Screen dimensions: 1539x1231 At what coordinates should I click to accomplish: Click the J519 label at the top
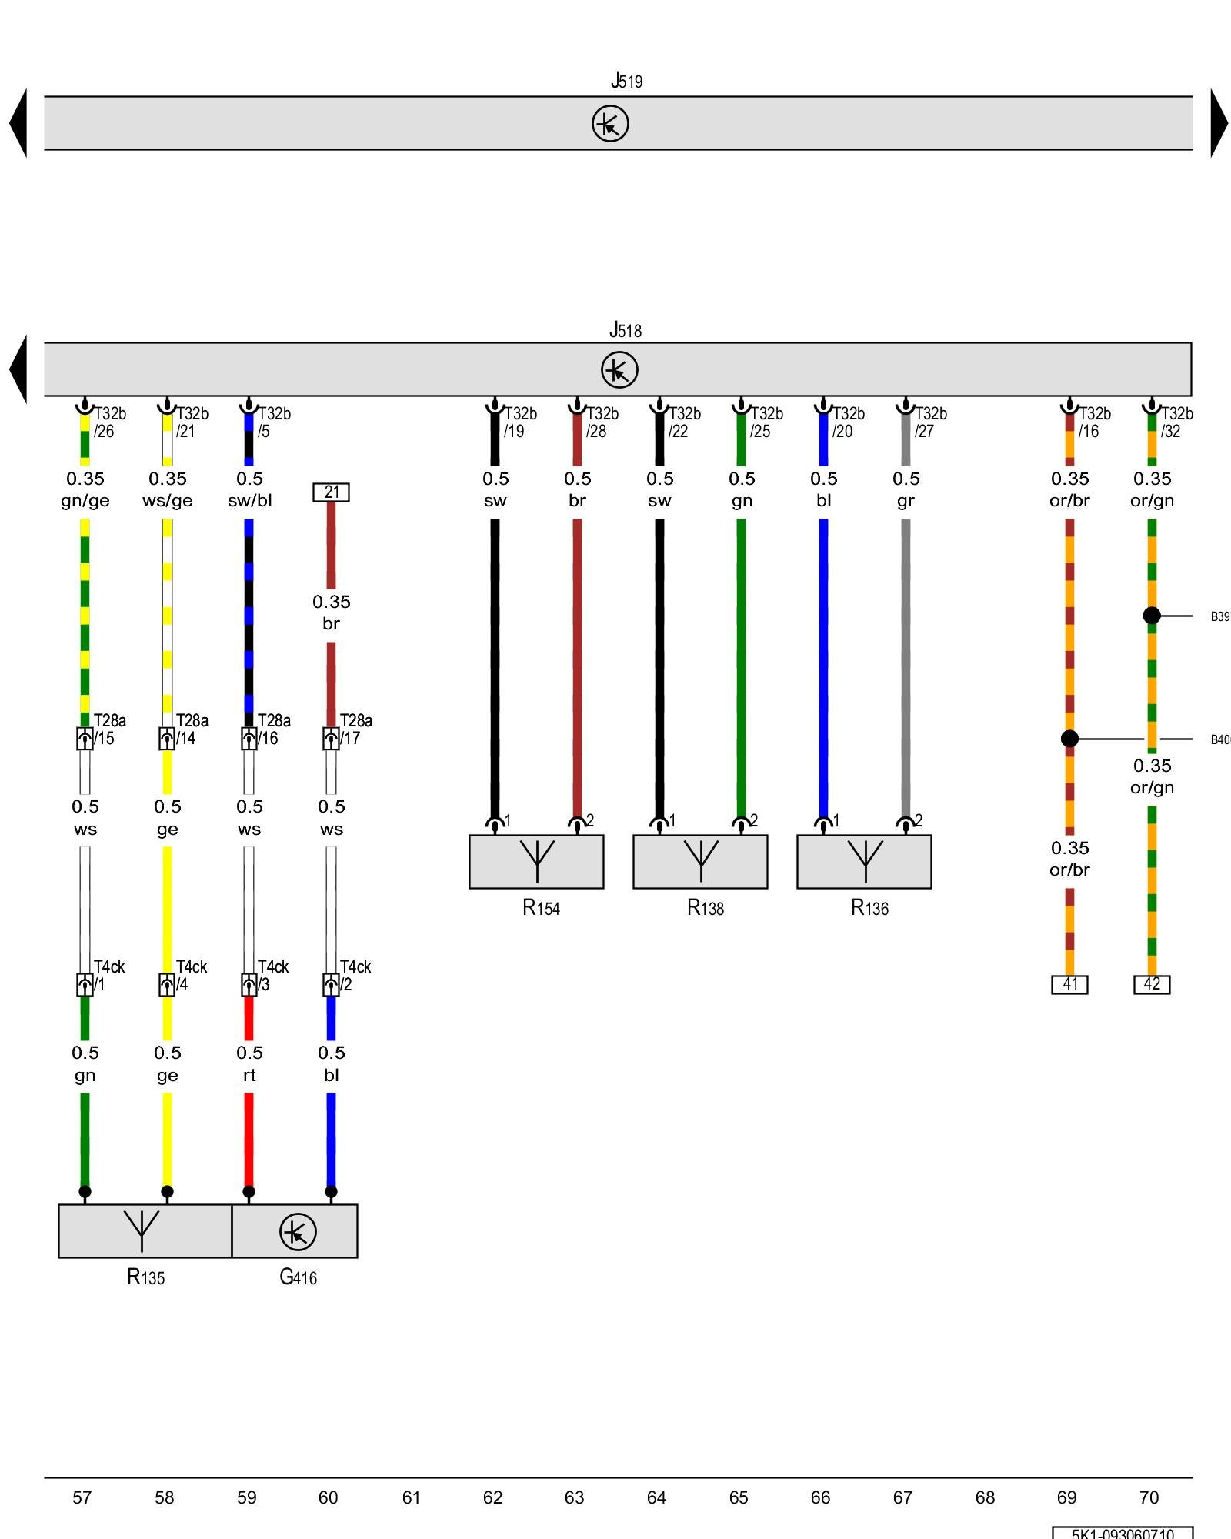(x=626, y=81)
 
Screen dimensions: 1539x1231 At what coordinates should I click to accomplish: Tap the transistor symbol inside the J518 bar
(x=619, y=369)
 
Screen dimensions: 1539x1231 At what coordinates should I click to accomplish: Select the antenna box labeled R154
(x=536, y=862)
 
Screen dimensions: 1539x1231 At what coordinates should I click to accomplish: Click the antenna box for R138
(x=700, y=862)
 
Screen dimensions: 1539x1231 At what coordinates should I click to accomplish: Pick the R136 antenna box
(x=864, y=862)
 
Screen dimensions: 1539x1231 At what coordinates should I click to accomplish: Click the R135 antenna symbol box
(x=145, y=1231)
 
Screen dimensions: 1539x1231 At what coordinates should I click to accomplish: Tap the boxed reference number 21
(x=331, y=492)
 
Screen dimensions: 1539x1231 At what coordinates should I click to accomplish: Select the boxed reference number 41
(x=1069, y=984)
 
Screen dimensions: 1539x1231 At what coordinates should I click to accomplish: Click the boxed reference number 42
(x=1152, y=984)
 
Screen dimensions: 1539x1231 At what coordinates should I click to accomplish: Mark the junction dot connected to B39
(x=1152, y=616)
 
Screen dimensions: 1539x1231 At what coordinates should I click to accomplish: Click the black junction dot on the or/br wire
(x=1069, y=739)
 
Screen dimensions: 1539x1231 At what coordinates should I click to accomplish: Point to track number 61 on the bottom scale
(x=411, y=1497)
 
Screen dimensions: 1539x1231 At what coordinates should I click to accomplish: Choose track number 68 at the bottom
(x=985, y=1497)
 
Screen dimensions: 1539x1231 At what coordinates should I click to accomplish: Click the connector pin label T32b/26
(x=109, y=422)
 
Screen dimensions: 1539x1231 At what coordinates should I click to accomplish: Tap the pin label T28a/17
(x=355, y=729)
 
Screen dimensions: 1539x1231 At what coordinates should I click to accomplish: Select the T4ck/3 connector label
(x=272, y=976)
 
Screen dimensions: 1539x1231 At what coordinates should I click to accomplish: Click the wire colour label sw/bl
(x=249, y=501)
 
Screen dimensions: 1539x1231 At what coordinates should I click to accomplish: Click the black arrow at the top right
(x=1219, y=123)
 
